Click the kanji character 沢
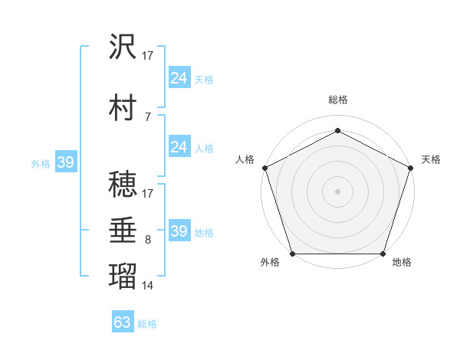click(x=123, y=46)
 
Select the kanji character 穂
click(x=123, y=183)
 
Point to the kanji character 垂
click(x=123, y=231)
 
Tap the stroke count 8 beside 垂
click(x=147, y=240)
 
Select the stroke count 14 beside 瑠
click(x=148, y=286)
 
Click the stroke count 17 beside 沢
click(x=148, y=55)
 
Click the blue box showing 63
click(x=123, y=322)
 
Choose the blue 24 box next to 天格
click(x=179, y=78)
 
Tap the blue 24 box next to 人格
click(x=179, y=147)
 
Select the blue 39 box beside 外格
click(x=65, y=163)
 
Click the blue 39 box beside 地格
click(x=179, y=231)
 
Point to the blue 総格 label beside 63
click(x=147, y=324)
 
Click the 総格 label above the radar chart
click(x=337, y=100)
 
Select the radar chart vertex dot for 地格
click(x=383, y=254)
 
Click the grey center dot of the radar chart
click(x=337, y=191)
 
